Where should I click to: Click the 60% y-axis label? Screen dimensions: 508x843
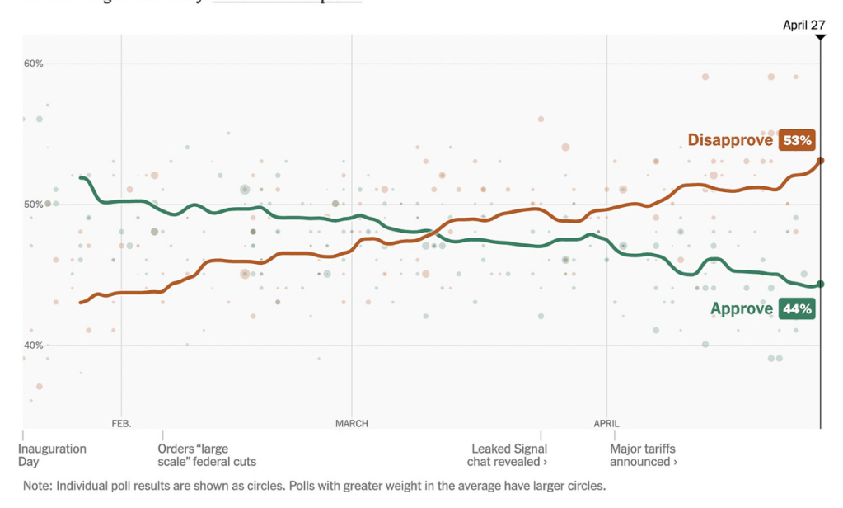(x=33, y=63)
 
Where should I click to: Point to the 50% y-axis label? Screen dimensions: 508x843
(x=33, y=205)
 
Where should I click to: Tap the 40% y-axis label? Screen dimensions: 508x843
(x=33, y=346)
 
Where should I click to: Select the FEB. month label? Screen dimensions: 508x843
(x=121, y=424)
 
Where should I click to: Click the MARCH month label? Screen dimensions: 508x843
(x=352, y=424)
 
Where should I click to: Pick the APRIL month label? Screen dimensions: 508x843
(x=606, y=424)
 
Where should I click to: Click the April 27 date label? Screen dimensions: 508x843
(x=803, y=25)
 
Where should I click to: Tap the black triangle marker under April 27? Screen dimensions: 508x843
(x=820, y=38)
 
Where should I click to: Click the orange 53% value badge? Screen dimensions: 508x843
(x=797, y=140)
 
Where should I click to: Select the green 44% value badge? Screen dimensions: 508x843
(x=797, y=309)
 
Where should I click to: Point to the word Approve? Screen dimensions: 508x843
(x=742, y=309)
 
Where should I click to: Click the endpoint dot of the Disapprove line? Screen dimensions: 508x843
(x=821, y=161)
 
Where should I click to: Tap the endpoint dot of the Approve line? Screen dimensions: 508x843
(x=821, y=285)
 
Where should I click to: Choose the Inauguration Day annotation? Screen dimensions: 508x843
(x=52, y=455)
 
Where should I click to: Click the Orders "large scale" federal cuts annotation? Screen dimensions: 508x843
(x=206, y=455)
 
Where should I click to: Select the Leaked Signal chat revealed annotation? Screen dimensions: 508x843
(x=508, y=455)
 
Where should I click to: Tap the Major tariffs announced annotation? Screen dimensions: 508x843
(x=644, y=455)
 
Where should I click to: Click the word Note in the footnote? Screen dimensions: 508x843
(x=36, y=486)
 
